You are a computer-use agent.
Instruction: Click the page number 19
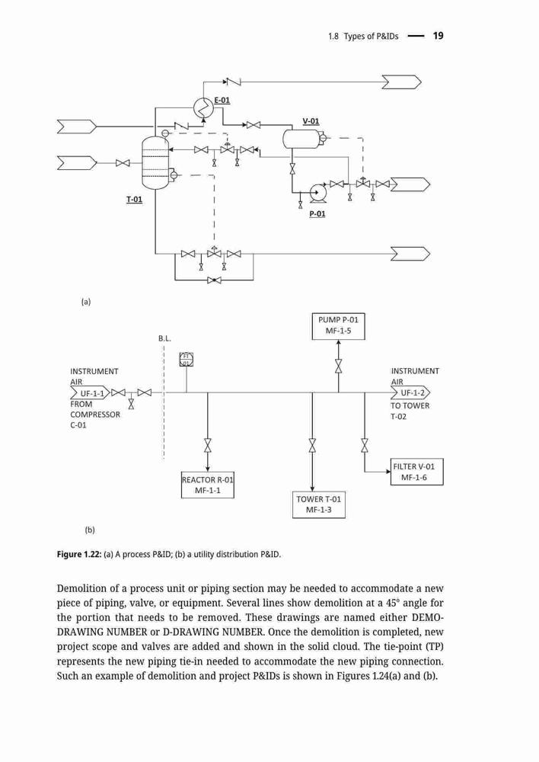[x=438, y=36]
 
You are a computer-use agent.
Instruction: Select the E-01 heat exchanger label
[x=222, y=101]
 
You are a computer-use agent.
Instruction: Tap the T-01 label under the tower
[x=135, y=199]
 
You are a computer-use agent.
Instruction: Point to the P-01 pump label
[x=317, y=214]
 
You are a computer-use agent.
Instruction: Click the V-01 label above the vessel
[x=311, y=121]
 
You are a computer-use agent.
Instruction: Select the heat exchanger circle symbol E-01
[x=203, y=107]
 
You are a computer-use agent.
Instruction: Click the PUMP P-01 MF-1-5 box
[x=338, y=326]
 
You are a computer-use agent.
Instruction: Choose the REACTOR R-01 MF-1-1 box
[x=207, y=485]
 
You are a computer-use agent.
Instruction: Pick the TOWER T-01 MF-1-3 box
[x=318, y=504]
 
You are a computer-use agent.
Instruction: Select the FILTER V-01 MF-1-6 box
[x=416, y=472]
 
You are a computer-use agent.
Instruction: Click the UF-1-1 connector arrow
[x=91, y=392]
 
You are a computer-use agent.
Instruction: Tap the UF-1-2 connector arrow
[x=410, y=392]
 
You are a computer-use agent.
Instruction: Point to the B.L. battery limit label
[x=164, y=338]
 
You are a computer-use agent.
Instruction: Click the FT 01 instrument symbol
[x=187, y=359]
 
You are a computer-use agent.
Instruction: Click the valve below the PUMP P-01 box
[x=338, y=366]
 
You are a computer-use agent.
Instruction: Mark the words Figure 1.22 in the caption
[x=78, y=554]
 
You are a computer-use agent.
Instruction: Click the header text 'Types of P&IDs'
[x=371, y=36]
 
